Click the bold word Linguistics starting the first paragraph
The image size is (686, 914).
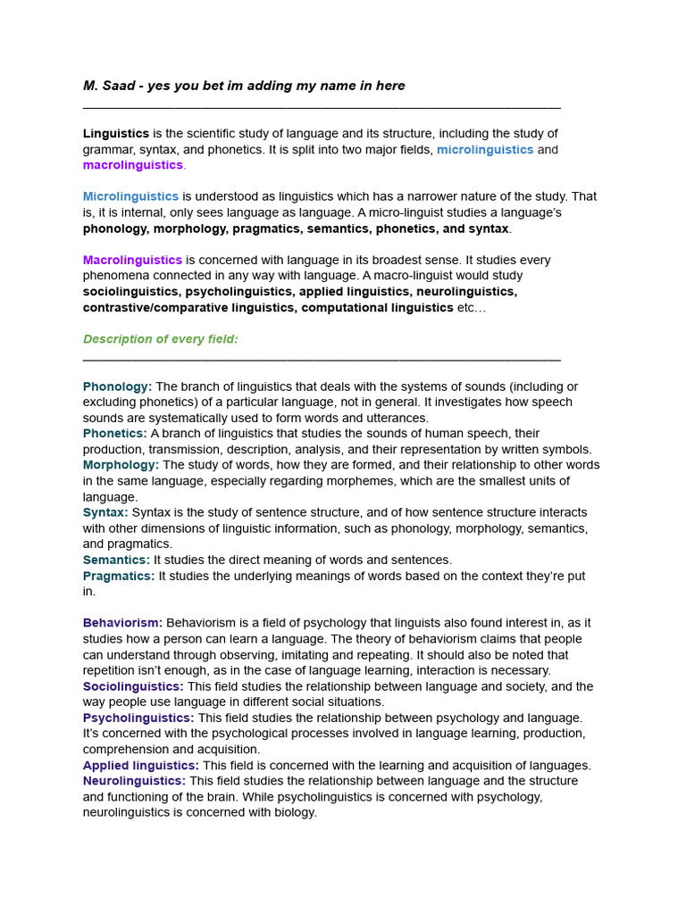tap(116, 134)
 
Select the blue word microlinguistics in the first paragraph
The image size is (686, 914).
tap(485, 150)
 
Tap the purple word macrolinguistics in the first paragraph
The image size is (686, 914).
tap(132, 165)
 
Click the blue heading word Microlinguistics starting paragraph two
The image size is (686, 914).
tap(130, 196)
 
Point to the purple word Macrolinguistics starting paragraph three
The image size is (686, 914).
tap(132, 260)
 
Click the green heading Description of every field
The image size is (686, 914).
tap(161, 339)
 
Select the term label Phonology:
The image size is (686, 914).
tap(117, 386)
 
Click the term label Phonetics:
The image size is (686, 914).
tap(115, 434)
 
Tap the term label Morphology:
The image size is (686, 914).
tap(121, 465)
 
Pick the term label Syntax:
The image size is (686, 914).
tap(105, 512)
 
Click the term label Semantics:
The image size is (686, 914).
tap(116, 560)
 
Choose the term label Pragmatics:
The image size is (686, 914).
tap(119, 576)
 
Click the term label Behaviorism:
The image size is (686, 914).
tap(122, 623)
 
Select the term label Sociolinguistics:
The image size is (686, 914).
tap(133, 686)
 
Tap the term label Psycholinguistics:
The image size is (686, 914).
tap(138, 718)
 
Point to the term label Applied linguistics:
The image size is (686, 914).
tap(141, 765)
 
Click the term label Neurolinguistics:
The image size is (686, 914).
tap(134, 781)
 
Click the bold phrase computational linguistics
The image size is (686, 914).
tap(377, 307)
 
